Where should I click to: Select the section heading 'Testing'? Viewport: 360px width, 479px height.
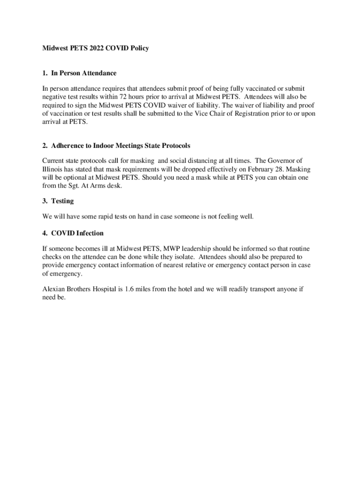click(62, 201)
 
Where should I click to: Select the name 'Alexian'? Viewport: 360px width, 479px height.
click(55, 289)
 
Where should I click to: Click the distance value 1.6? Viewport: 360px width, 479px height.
click(130, 289)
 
